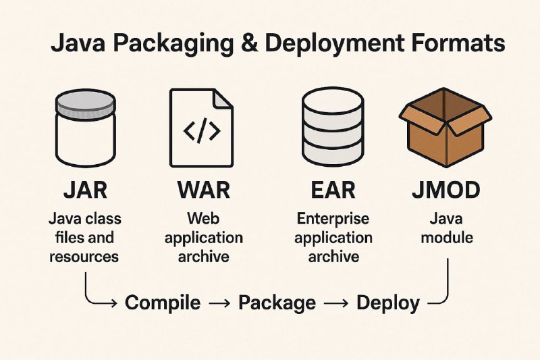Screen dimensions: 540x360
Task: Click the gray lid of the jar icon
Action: (86, 103)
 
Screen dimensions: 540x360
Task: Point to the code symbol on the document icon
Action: (202, 130)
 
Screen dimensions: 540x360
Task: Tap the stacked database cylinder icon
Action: (333, 128)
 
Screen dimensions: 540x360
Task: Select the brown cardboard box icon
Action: (446, 127)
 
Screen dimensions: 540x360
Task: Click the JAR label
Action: (86, 190)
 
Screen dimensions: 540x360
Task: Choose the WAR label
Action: (204, 190)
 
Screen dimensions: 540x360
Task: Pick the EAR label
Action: (333, 190)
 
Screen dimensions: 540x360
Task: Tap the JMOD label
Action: (446, 190)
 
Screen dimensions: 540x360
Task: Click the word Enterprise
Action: (333, 219)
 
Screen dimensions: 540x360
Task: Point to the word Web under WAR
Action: (203, 219)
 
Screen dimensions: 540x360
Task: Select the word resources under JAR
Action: (84, 257)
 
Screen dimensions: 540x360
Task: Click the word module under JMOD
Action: (447, 238)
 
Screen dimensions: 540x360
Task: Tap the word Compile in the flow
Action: (163, 303)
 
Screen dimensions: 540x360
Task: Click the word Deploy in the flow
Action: (388, 303)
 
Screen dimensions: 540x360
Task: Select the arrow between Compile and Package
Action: (219, 303)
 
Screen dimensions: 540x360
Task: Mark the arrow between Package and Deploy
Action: (335, 303)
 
